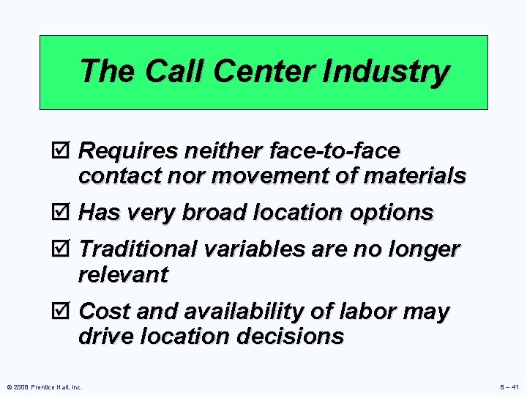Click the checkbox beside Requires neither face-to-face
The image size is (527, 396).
[x=62, y=151]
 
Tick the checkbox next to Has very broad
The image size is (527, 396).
[x=62, y=213]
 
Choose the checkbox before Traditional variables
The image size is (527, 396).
[x=62, y=249]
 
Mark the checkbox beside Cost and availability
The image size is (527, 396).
[x=62, y=311]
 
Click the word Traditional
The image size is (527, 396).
[x=137, y=249]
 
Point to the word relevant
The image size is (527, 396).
[x=123, y=275]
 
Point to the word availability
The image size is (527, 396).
[x=256, y=311]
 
